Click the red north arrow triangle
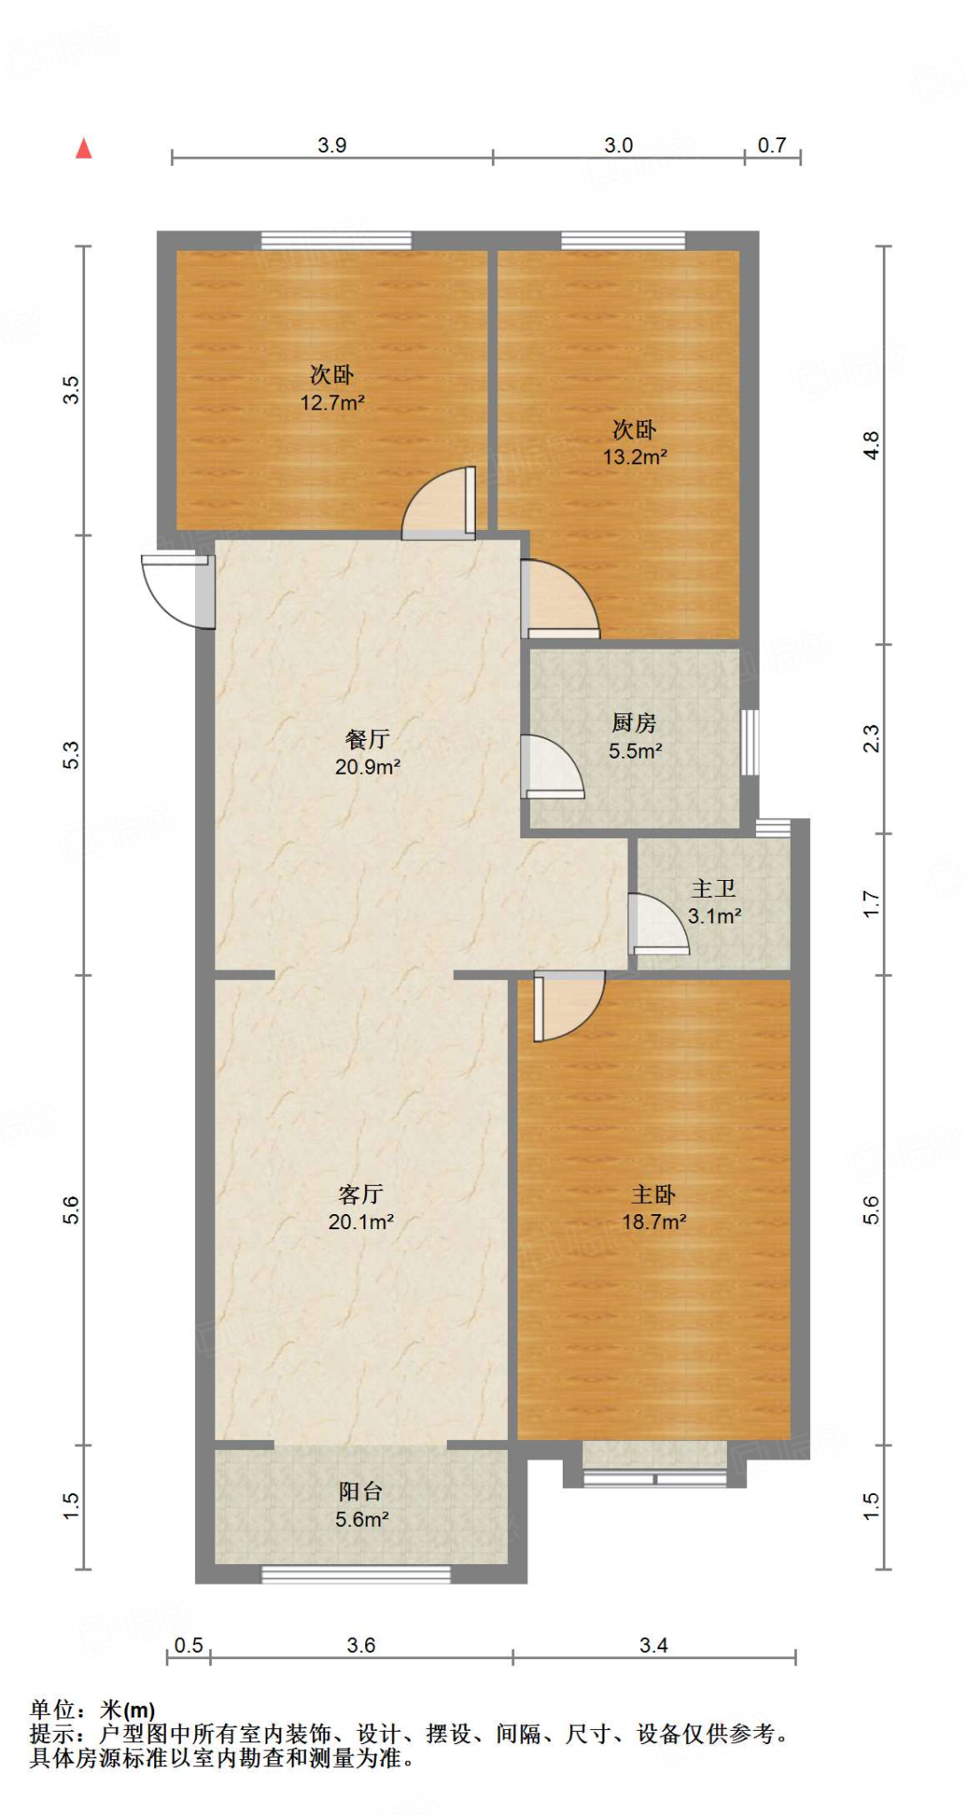tap(84, 148)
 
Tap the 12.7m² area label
tap(332, 403)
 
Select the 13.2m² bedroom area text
tap(635, 457)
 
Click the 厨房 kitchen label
tap(634, 723)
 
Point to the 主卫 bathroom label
tap(714, 888)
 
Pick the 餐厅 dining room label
tap(367, 739)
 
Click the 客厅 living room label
tap(361, 1194)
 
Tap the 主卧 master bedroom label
tap(653, 1194)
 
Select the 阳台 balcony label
tap(361, 1492)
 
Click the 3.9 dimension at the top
tap(331, 145)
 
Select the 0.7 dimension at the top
tap(771, 145)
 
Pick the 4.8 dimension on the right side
tap(871, 445)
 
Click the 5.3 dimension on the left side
tap(71, 755)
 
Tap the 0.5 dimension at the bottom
tap(188, 1646)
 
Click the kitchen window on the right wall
tap(750, 742)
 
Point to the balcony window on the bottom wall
tap(356, 1574)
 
